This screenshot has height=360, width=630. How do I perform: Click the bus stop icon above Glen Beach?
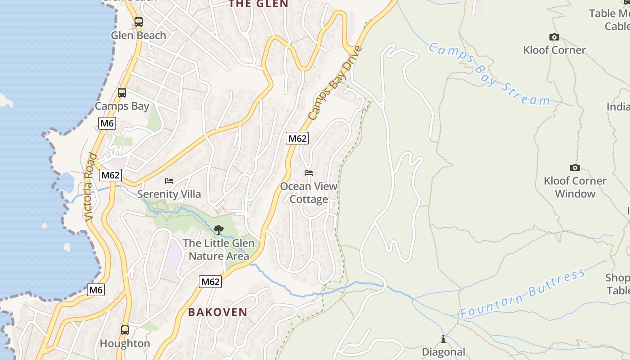point(138,22)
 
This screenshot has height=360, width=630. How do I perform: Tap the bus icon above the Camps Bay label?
point(121,93)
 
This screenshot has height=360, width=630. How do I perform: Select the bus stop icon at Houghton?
point(125,330)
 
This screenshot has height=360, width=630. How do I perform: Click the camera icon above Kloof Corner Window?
point(575,167)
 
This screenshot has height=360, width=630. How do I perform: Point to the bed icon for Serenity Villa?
point(169,181)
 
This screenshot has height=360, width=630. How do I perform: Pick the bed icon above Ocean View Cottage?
point(308,173)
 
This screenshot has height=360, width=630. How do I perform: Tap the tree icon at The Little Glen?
point(218,230)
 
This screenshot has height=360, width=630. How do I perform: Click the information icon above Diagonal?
point(443,339)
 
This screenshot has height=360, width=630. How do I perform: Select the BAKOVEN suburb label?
point(218,312)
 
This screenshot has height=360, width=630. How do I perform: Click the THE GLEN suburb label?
point(258,4)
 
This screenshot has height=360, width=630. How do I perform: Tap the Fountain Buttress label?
point(523,294)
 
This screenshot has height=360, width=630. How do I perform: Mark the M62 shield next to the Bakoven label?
point(210,282)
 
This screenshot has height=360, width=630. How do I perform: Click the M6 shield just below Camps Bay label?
point(107,123)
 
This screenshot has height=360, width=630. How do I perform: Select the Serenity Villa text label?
point(169,194)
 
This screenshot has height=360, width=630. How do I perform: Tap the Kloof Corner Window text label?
point(575,187)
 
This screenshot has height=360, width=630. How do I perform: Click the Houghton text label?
point(125,343)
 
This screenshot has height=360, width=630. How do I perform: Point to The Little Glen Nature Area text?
point(218,249)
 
